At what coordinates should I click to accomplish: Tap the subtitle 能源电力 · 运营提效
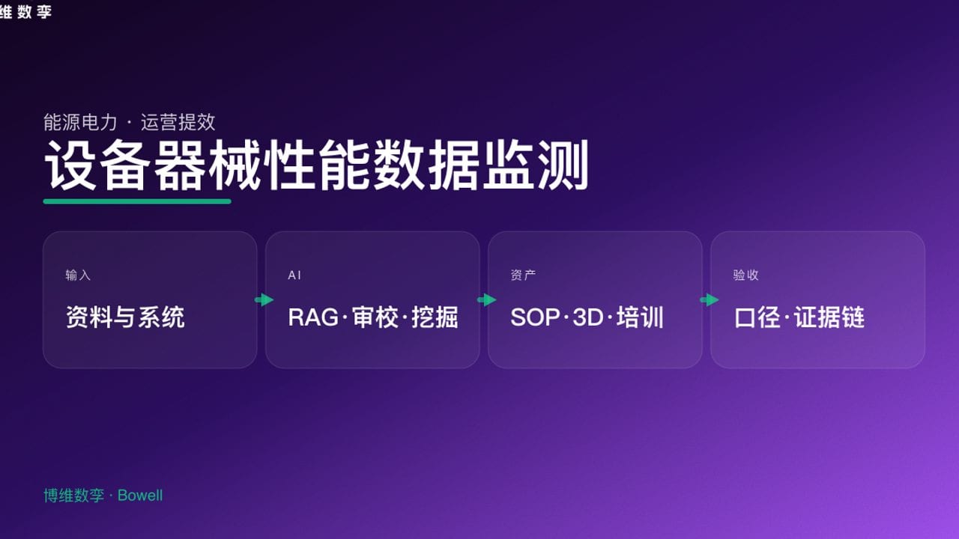129,122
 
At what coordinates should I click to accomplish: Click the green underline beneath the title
137,201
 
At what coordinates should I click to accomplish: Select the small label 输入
78,275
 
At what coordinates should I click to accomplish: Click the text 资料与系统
125,317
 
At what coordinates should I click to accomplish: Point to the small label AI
294,275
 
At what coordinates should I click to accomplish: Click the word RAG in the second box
312,317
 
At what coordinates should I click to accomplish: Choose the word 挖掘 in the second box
435,317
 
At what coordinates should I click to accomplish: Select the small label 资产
523,275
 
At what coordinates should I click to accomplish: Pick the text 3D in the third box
587,317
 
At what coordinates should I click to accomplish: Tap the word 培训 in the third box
641,317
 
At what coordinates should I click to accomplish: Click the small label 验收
745,275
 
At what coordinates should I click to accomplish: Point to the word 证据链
829,317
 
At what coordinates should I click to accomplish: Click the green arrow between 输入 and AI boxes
264,300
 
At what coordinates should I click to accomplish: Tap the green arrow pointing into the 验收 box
709,300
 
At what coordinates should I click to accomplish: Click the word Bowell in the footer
140,496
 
